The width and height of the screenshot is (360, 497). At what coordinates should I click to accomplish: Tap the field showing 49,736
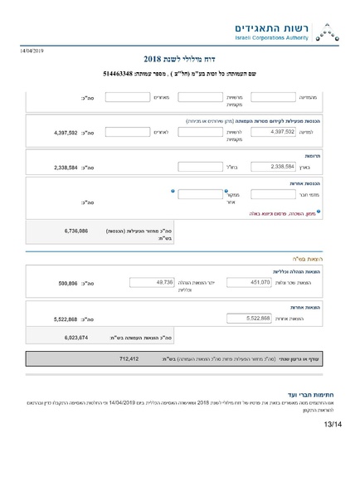click(x=153, y=282)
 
